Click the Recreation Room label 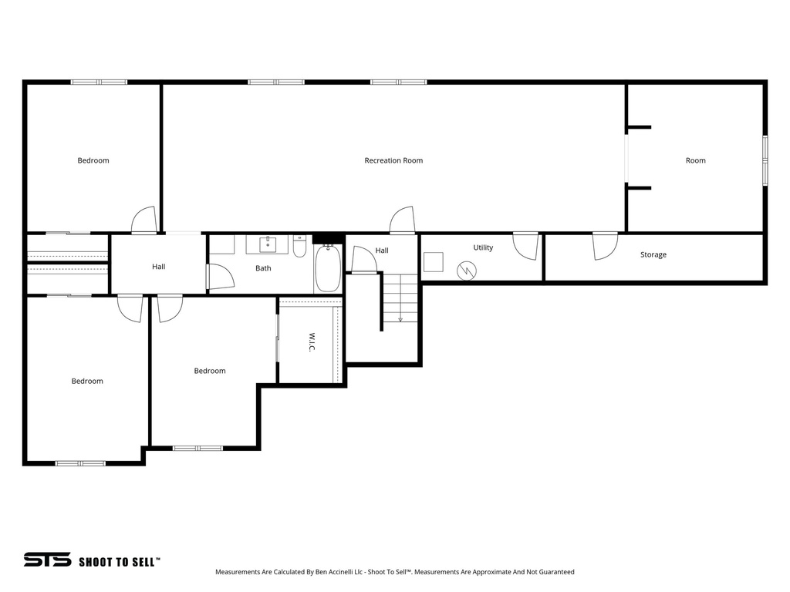pyautogui.click(x=393, y=160)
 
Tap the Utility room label pyautogui.click(x=483, y=247)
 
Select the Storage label pyautogui.click(x=653, y=254)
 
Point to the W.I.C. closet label pyautogui.click(x=312, y=342)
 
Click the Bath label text pyautogui.click(x=263, y=268)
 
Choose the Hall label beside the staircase pyautogui.click(x=382, y=251)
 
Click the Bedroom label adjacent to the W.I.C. pyautogui.click(x=209, y=371)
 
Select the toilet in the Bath pyautogui.click(x=299, y=247)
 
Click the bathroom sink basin pyautogui.click(x=267, y=245)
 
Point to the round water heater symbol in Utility pyautogui.click(x=467, y=270)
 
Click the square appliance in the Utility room pyautogui.click(x=434, y=262)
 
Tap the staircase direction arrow pyautogui.click(x=400, y=316)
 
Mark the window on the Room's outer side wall pyautogui.click(x=765, y=160)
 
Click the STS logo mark pyautogui.click(x=47, y=560)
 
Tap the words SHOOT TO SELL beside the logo pyautogui.click(x=119, y=562)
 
